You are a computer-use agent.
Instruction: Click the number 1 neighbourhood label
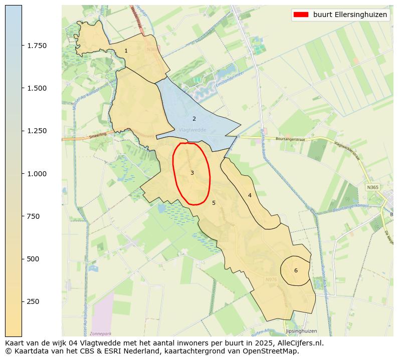tap(126, 51)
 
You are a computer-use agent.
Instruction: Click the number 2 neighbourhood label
tap(194, 119)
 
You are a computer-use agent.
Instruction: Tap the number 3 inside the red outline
tap(192, 173)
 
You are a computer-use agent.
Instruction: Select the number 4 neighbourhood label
tap(250, 195)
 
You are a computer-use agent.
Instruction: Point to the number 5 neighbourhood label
tap(214, 203)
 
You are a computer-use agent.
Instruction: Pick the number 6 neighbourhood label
tap(296, 270)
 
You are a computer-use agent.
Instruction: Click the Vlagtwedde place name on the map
tap(192, 130)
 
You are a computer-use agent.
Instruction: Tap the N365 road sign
tap(372, 187)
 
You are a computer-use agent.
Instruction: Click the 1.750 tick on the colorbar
tap(37, 46)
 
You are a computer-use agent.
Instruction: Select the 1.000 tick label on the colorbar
tap(37, 174)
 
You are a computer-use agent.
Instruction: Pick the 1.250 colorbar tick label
tap(37, 131)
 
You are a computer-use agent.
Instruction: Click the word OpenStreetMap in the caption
tap(271, 351)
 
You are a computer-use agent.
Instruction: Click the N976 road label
tap(271, 279)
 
